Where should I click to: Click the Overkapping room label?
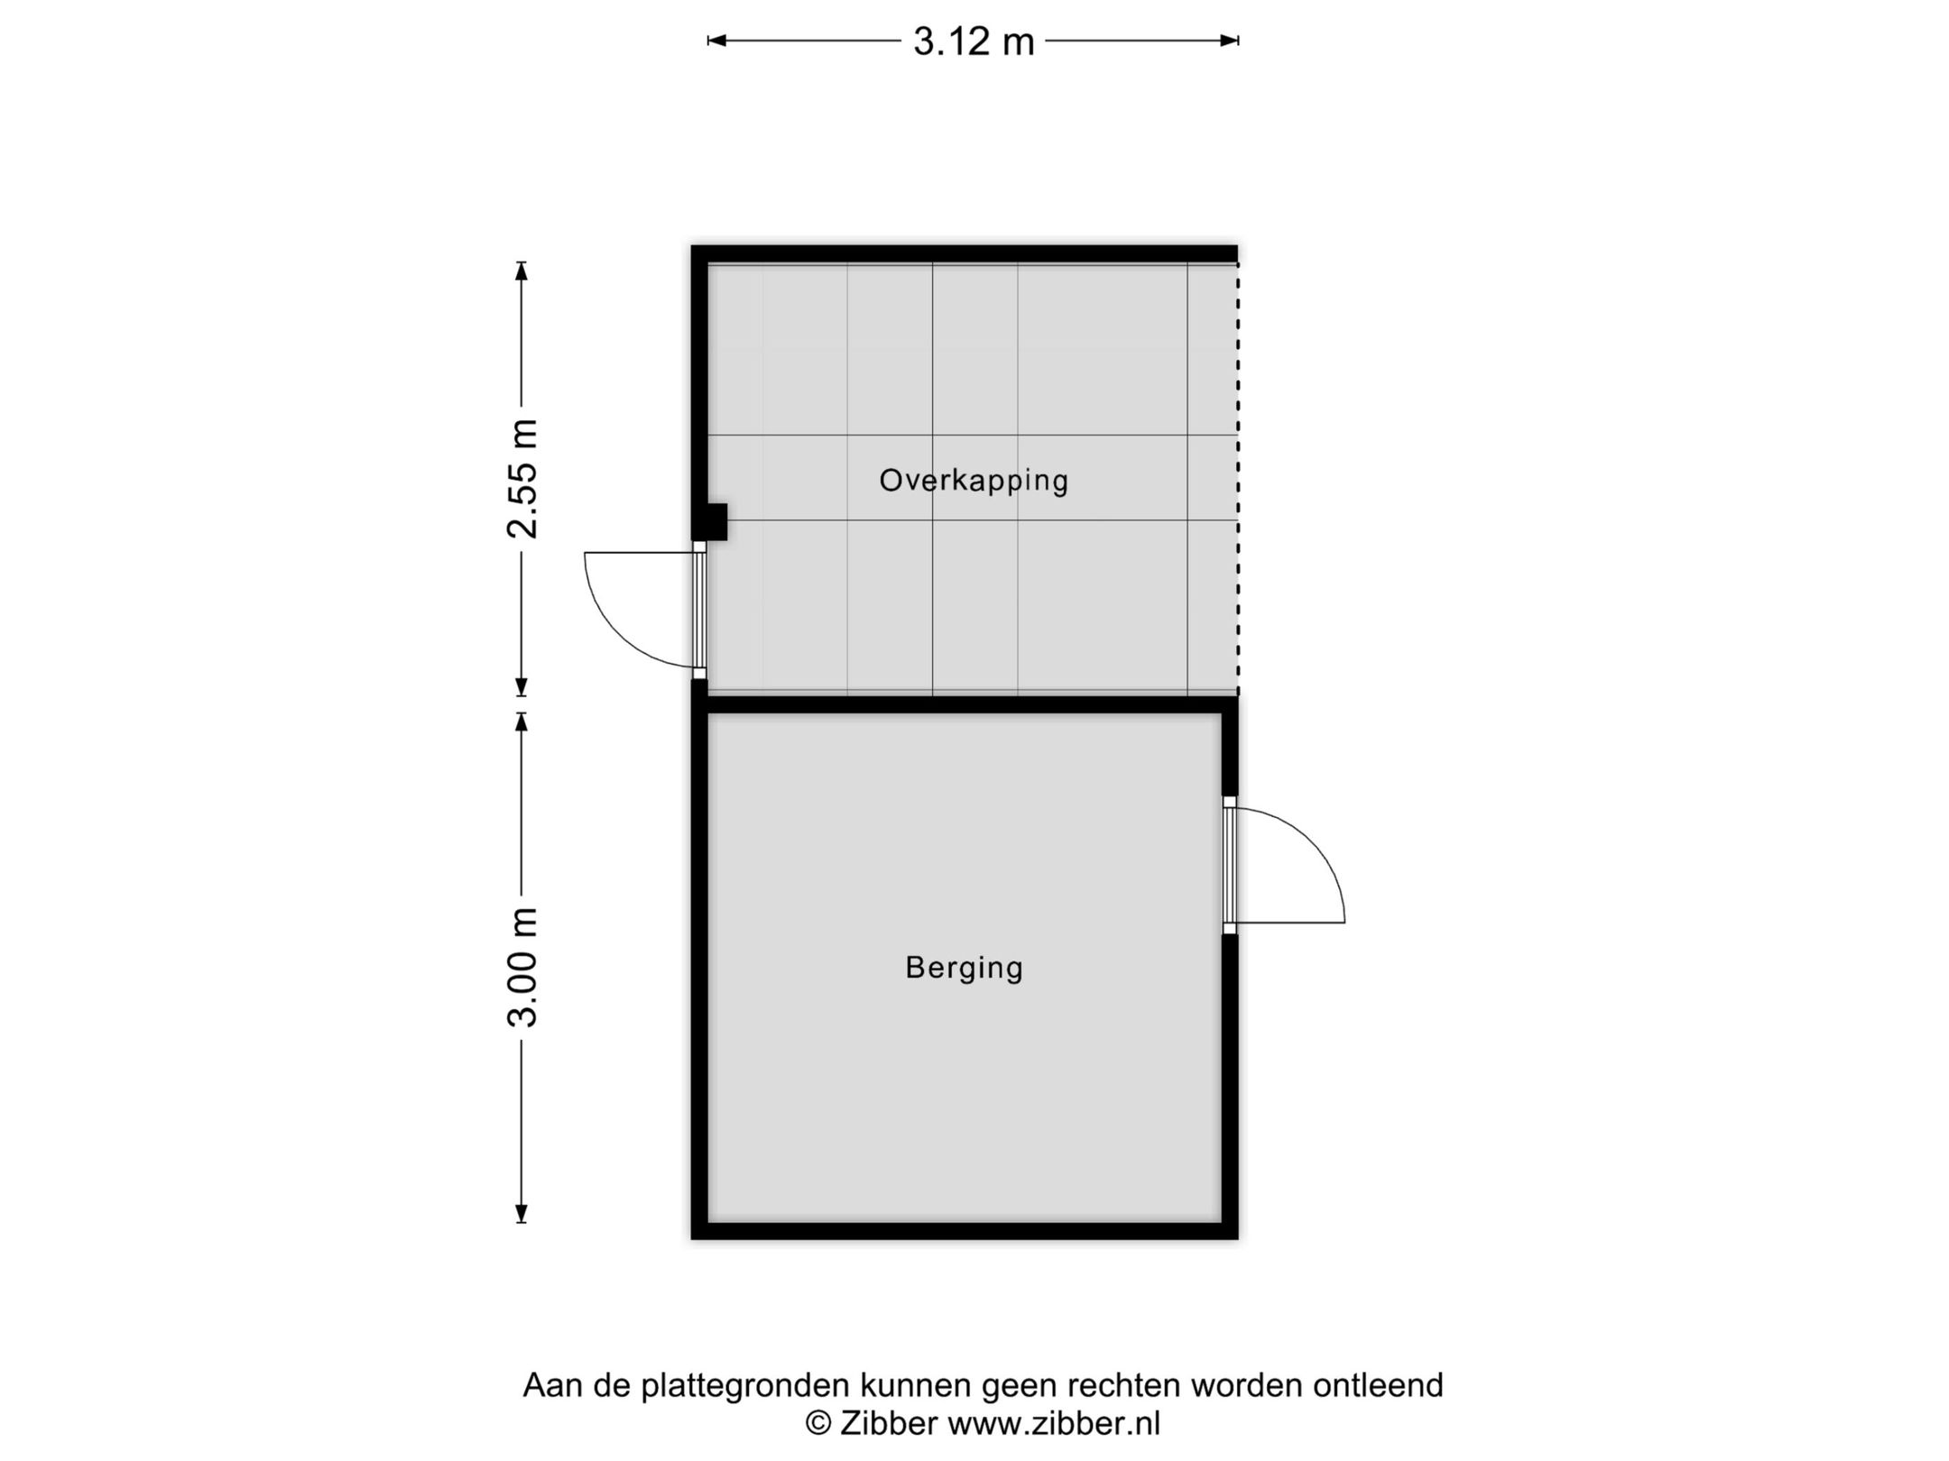coord(974,480)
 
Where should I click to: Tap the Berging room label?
coord(964,968)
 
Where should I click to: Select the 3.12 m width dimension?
coord(974,41)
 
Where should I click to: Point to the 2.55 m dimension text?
coord(522,479)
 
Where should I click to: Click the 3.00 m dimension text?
coord(522,967)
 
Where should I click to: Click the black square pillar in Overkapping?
coord(715,522)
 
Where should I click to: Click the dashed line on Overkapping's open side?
coord(1237,478)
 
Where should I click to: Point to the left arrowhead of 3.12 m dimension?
coord(716,41)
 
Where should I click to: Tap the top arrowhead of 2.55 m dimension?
coord(521,271)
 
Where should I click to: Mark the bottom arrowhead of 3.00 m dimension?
coord(521,1214)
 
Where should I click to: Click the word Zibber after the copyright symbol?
coord(889,1423)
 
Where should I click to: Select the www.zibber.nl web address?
coord(1054,1423)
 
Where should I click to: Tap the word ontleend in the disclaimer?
coord(1378,1384)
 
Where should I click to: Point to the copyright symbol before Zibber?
coord(817,1423)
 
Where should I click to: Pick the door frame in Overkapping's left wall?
coord(699,610)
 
